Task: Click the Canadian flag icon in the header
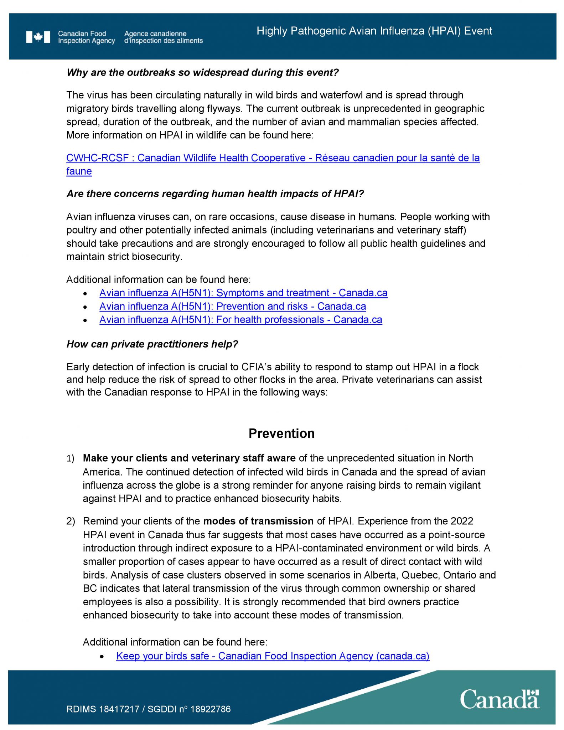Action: (x=38, y=37)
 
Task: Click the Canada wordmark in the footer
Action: (x=499, y=699)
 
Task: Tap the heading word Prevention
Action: (x=281, y=433)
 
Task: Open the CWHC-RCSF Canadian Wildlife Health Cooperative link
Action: (x=273, y=158)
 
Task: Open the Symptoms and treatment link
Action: (x=243, y=293)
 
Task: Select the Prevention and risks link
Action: (x=233, y=307)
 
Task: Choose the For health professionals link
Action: (x=240, y=320)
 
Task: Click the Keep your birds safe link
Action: (x=273, y=656)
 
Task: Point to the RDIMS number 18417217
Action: (x=119, y=709)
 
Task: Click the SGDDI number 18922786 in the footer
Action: (x=211, y=709)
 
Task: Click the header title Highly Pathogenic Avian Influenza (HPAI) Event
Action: (x=374, y=31)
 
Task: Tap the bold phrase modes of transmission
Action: (x=258, y=521)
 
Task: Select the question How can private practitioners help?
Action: (x=152, y=344)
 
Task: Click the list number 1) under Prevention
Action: (x=70, y=459)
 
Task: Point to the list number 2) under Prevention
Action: (x=71, y=521)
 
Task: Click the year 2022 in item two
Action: (x=462, y=521)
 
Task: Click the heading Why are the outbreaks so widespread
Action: (x=202, y=73)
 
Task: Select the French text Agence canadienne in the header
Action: (x=155, y=34)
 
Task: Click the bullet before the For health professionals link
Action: (x=85, y=320)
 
